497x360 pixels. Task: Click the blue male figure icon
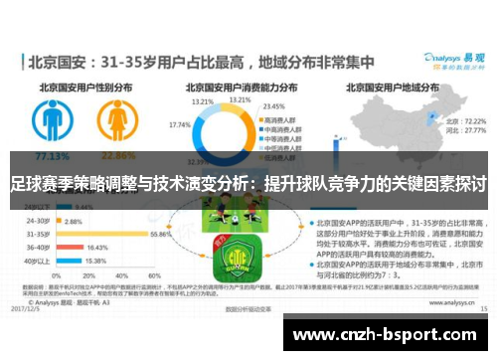tap(47, 122)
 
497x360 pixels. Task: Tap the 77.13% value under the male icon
tap(47, 156)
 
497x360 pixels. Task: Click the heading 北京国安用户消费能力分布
tap(239, 87)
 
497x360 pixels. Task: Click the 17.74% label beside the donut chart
tap(181, 125)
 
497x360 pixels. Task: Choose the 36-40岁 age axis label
tap(39, 247)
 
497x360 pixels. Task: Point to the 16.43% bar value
tap(97, 247)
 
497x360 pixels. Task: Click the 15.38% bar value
tap(95, 261)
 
